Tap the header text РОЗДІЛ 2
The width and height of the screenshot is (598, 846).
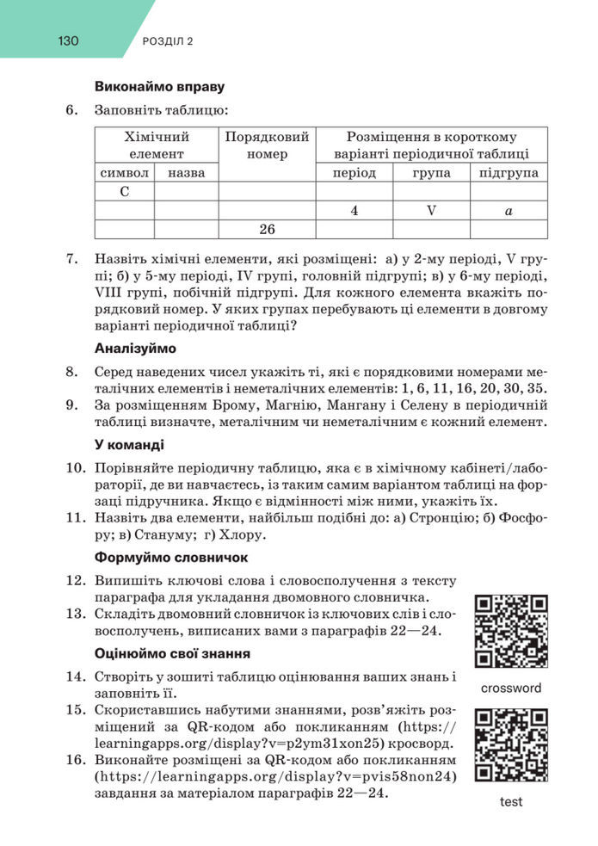coord(166,41)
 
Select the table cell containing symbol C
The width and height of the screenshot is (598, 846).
coord(125,191)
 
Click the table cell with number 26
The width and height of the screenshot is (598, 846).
coord(267,229)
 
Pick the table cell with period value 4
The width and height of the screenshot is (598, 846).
coord(354,210)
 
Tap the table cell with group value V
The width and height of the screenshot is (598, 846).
coord(431,210)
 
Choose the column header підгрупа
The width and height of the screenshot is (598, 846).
coord(509,173)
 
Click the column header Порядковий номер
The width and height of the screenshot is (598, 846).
coord(267,145)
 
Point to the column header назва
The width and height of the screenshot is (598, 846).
coord(187,173)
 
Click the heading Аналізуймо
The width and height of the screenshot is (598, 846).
coord(135,349)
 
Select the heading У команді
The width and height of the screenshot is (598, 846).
coord(129,445)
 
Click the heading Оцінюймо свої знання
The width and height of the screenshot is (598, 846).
coord(172,653)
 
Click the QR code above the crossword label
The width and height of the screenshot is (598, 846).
coord(511,632)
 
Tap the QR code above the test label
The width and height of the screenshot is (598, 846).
coord(511,745)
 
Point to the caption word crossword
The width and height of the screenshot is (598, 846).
coord(511,688)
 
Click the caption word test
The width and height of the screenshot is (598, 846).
coord(511,802)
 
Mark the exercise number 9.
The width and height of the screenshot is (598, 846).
coord(71,404)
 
